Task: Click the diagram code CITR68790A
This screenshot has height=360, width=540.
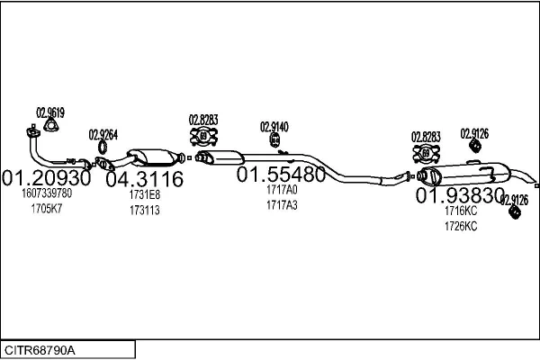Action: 40,350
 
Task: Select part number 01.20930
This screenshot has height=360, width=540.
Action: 47,178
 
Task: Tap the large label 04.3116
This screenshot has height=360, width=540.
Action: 145,179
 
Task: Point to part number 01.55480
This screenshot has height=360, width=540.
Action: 281,174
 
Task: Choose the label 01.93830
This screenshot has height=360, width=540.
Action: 460,195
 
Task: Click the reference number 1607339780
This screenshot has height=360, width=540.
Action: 47,193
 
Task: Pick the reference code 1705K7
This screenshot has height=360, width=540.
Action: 47,209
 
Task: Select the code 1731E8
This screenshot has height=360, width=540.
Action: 145,194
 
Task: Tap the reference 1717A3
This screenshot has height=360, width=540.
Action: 282,205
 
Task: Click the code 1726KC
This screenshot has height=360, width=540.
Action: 461,226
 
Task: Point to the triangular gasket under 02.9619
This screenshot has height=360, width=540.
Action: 50,125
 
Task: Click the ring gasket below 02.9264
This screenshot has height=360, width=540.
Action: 103,147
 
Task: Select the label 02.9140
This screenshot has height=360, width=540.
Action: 274,127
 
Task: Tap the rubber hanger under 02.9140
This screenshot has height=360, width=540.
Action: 274,139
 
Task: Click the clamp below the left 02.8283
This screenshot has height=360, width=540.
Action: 204,137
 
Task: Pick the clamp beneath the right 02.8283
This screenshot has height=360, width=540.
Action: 427,153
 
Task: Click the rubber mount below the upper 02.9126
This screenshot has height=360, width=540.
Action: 475,146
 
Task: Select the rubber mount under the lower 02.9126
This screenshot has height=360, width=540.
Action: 515,211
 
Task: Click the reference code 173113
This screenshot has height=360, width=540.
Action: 145,210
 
